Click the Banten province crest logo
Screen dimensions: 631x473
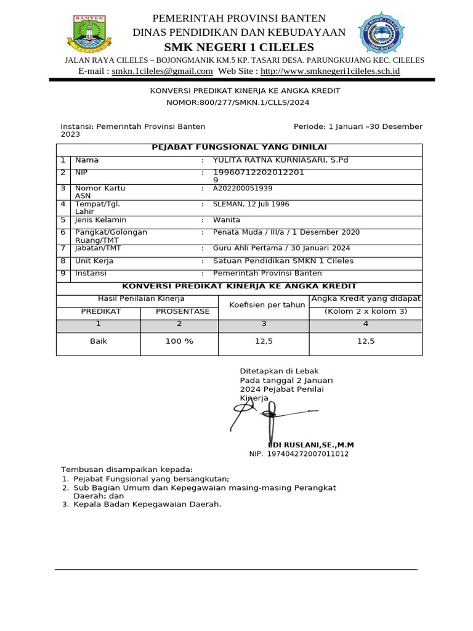click(x=89, y=33)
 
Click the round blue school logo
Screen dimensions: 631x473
click(x=381, y=33)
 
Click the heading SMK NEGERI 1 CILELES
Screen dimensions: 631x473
click(x=239, y=47)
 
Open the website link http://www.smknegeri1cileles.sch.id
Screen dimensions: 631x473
click(x=334, y=71)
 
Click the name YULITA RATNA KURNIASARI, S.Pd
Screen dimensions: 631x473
click(x=280, y=160)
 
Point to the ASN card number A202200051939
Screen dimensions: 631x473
click(x=243, y=189)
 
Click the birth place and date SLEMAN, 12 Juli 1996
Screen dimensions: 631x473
click(x=251, y=204)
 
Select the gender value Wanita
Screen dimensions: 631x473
click(x=227, y=220)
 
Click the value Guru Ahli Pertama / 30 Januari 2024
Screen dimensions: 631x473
click(x=281, y=248)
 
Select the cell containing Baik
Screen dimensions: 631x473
click(x=99, y=341)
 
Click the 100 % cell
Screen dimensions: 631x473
click(x=179, y=341)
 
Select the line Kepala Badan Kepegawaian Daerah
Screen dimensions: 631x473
click(x=147, y=504)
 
